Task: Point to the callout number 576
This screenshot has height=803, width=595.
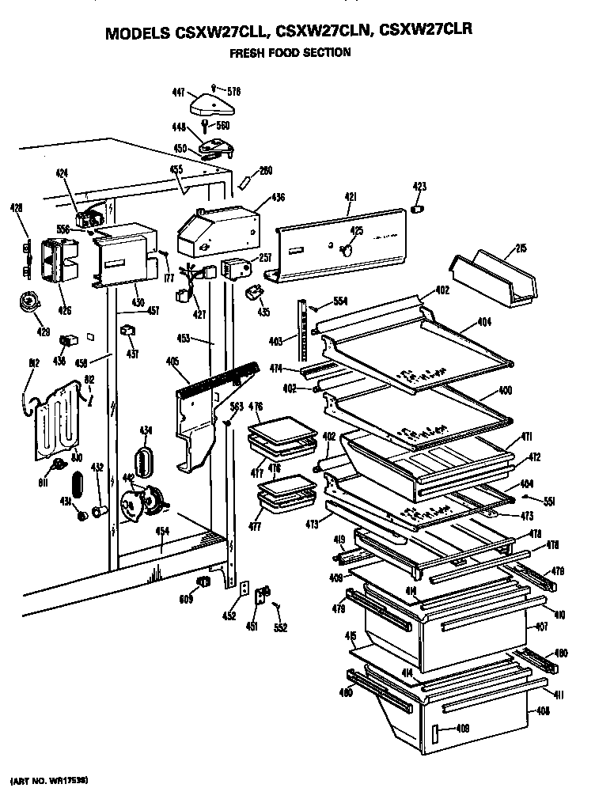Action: (233, 92)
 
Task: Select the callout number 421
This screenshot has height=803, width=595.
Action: (351, 195)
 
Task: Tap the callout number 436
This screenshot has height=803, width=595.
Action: (278, 197)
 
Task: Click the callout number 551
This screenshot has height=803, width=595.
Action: (547, 500)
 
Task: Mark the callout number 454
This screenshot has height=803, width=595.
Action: (161, 531)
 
